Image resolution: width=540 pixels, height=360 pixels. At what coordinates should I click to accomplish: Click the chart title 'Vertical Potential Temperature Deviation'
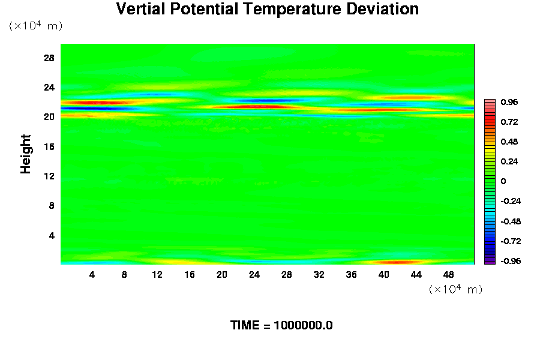[267, 10]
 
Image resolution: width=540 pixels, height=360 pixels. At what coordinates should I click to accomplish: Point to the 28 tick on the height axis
[49, 58]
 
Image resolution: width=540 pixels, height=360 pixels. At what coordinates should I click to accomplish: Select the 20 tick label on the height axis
[49, 117]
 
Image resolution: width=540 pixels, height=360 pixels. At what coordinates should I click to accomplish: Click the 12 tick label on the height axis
[49, 176]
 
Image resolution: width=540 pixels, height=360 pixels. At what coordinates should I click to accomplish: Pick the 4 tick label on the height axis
[52, 235]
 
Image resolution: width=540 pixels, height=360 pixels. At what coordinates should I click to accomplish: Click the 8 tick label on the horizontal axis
[124, 274]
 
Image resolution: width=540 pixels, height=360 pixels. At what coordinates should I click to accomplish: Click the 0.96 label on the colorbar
[509, 102]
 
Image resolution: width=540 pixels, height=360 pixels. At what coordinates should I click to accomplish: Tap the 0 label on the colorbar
[503, 181]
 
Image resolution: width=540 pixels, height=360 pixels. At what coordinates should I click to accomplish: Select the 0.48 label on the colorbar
[509, 142]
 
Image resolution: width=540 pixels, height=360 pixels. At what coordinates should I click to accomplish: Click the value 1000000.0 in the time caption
[303, 326]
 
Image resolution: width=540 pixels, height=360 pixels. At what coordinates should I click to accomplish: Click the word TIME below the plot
[246, 326]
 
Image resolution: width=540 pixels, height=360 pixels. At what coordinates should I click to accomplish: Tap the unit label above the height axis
[35, 26]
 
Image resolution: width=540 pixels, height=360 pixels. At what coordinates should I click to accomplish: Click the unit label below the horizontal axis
[455, 289]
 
